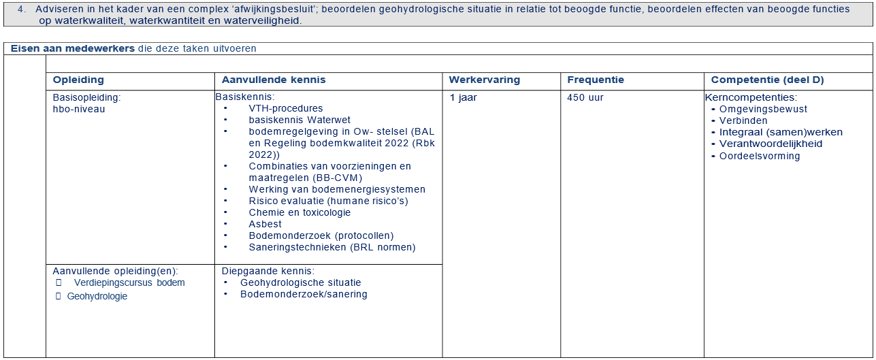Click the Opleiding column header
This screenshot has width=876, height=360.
click(x=78, y=80)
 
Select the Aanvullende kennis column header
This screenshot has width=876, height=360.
click(x=274, y=80)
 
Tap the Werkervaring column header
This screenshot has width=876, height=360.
click(x=484, y=80)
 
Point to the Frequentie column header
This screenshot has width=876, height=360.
click(x=596, y=80)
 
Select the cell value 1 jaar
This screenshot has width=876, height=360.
click(x=463, y=97)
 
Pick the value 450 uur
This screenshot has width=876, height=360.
click(x=585, y=97)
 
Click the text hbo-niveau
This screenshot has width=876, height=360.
click(x=79, y=109)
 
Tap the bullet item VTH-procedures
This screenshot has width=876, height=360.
click(x=286, y=108)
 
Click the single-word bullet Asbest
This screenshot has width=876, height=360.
click(x=265, y=224)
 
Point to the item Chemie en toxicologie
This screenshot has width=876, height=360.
click(x=299, y=212)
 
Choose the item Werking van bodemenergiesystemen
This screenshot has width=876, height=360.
click(x=337, y=189)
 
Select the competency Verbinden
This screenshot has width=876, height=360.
click(x=743, y=120)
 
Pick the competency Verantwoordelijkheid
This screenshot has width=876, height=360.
click(x=770, y=144)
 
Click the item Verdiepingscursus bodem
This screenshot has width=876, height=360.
click(x=129, y=282)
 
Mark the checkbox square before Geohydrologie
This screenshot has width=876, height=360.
click(x=58, y=296)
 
